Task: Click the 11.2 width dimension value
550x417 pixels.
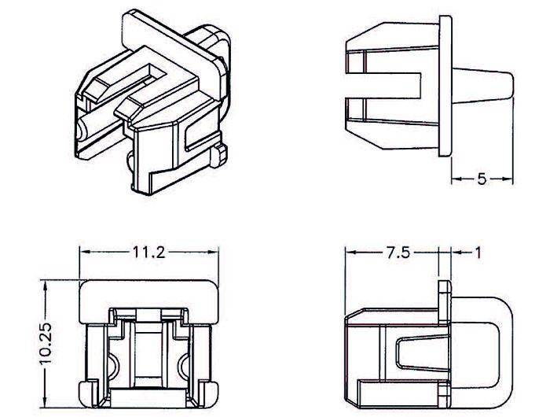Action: [x=148, y=253]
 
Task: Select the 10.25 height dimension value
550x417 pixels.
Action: [x=46, y=344]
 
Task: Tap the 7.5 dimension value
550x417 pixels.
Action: [x=398, y=253]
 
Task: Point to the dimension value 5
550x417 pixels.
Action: [x=482, y=179]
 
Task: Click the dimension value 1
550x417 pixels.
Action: [x=478, y=253]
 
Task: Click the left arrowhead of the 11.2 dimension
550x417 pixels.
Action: [x=85, y=252]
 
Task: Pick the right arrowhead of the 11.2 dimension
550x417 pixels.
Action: [x=213, y=252]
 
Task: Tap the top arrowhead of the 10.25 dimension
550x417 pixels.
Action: [x=46, y=286]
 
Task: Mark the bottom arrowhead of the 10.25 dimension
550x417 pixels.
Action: [x=46, y=402]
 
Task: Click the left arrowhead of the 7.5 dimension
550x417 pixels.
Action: [x=350, y=253]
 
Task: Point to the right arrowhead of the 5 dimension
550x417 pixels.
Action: [x=508, y=179]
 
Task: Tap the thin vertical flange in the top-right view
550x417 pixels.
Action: [x=445, y=86]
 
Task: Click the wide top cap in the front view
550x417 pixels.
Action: [x=148, y=301]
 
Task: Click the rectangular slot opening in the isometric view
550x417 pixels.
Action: [x=154, y=72]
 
